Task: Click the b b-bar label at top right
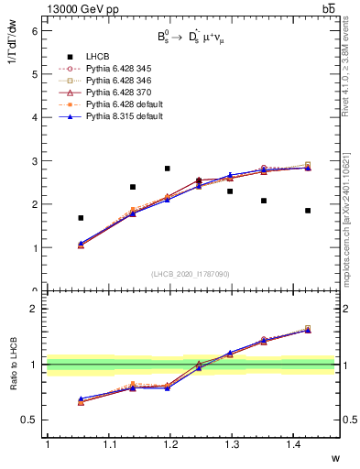[327, 8]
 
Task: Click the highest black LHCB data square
[167, 169]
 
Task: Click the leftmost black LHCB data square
[81, 218]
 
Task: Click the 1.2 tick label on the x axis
[169, 444]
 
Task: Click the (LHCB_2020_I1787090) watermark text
[190, 274]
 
